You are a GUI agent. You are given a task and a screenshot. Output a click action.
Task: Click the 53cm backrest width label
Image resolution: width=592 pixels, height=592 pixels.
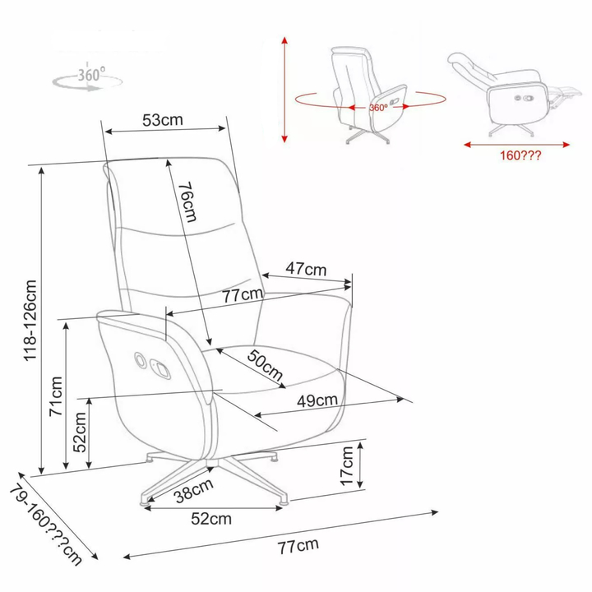click(163, 120)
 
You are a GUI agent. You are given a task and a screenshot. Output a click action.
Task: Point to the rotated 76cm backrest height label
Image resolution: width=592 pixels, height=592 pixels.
click(187, 201)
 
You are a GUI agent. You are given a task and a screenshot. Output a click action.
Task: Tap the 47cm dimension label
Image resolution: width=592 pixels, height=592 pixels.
click(306, 269)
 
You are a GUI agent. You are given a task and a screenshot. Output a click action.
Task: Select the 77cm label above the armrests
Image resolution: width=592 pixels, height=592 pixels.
click(243, 295)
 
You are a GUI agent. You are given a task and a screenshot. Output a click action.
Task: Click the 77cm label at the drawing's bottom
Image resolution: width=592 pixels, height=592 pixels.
click(298, 546)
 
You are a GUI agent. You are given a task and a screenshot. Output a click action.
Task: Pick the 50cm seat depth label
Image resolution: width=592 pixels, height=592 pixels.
click(265, 365)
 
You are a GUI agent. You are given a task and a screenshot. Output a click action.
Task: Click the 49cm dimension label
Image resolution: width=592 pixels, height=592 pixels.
click(317, 400)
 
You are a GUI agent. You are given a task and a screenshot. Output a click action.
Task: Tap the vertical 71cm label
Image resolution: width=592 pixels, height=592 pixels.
click(56, 396)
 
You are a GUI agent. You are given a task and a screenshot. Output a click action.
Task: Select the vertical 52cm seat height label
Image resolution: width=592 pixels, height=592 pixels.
click(80, 432)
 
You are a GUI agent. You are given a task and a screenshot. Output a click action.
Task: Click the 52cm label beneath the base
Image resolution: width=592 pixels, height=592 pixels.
click(211, 519)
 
